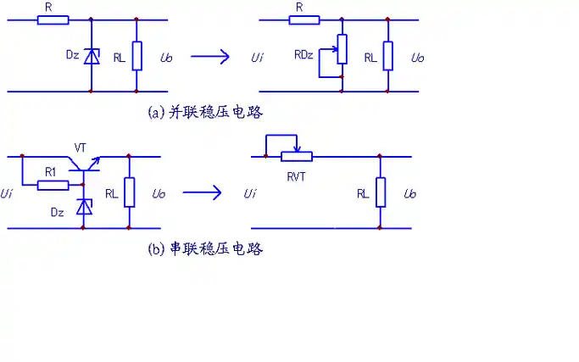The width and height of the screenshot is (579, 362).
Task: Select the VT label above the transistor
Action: (81, 148)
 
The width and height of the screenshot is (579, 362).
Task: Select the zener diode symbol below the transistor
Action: (83, 206)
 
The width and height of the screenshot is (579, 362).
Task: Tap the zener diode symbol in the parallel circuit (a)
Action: (92, 57)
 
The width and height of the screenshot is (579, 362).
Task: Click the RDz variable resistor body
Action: (341, 49)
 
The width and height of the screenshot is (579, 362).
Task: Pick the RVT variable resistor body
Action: (296, 156)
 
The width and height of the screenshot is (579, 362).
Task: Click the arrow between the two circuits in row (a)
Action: (209, 57)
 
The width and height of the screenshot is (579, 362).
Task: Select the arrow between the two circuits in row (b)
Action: (203, 192)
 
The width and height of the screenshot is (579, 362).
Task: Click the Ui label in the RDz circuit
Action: (257, 58)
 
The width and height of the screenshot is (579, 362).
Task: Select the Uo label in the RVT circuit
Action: (410, 193)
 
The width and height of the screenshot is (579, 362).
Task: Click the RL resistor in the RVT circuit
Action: (380, 192)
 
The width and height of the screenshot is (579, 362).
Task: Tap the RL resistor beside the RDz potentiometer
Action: (387, 56)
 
